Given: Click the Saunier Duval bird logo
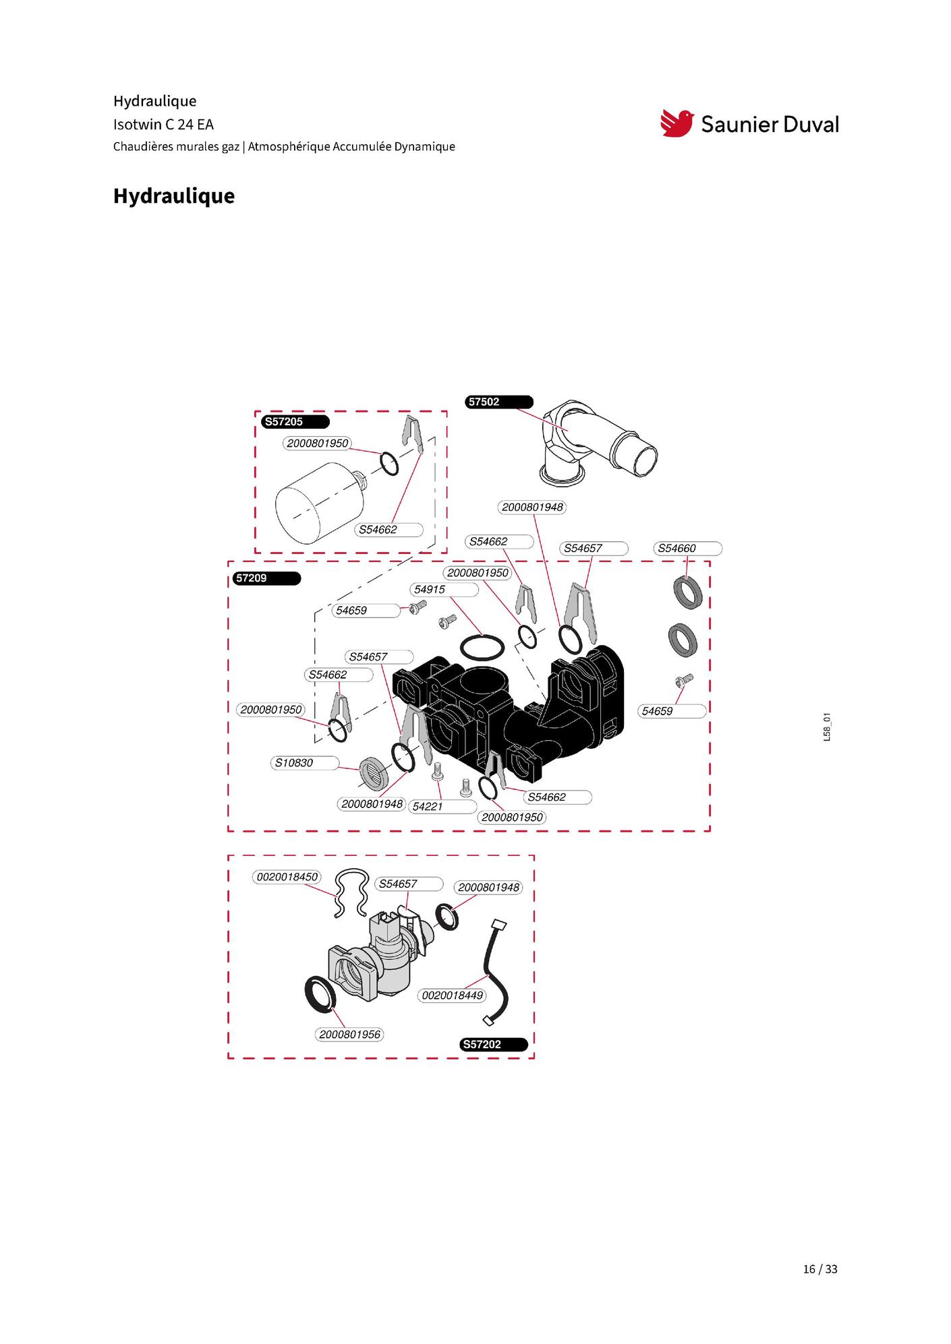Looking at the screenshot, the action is coord(677,123).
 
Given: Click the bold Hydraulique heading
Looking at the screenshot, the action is coord(174,196).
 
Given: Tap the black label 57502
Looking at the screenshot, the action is coord(499,402).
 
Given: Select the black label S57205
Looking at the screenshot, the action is coord(295,422).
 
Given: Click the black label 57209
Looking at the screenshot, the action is coord(267,578).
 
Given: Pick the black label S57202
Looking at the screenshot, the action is coord(494,1045).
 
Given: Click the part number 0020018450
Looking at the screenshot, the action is coord(287,878).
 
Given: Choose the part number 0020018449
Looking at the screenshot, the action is coord(453,996).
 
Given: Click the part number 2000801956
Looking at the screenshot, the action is coord(349,1035).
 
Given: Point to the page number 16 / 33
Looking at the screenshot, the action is coord(820,1269).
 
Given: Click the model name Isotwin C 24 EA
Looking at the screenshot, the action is coord(163,125).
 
